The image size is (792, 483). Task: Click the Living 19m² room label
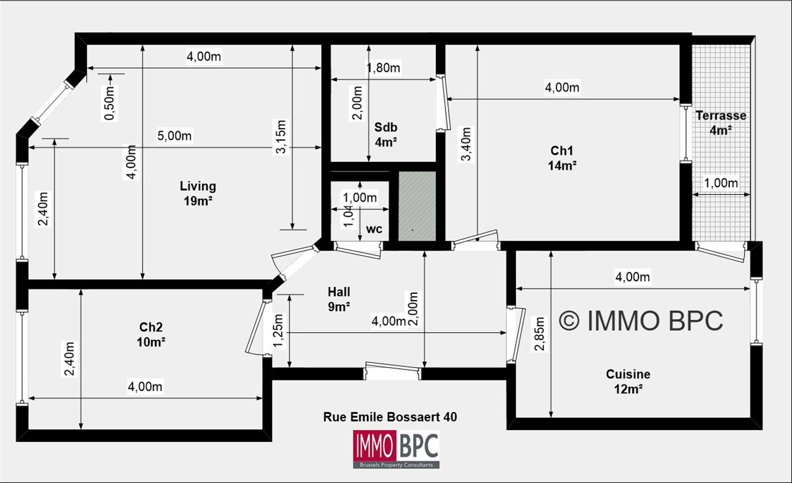coord(198,193)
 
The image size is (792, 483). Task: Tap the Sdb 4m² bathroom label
coord(386,134)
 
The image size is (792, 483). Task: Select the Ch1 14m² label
coord(562,158)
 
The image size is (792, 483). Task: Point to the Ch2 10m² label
coord(151,334)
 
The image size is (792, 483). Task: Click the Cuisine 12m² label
coord(628,381)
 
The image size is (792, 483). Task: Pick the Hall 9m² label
coord(339,299)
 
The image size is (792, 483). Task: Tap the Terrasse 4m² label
coord(721,123)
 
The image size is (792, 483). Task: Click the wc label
coord(374,229)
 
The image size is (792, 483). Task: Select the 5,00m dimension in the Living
coord(174,136)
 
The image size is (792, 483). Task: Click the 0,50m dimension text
coord(109,103)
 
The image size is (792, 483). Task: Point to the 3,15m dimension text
coord(281,137)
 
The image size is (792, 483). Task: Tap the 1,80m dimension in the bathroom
coord(383,67)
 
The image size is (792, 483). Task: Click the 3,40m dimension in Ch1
coord(466,144)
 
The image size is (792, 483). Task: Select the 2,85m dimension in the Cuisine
coord(540,334)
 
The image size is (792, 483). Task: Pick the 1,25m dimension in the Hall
coord(279,331)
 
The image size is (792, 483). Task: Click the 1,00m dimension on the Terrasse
coord(721,183)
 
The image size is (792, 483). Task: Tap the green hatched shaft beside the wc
coord(417,206)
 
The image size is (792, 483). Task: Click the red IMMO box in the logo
coord(374,445)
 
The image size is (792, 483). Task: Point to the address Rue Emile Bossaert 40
coord(390,417)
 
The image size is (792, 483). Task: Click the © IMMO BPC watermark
coord(641,321)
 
